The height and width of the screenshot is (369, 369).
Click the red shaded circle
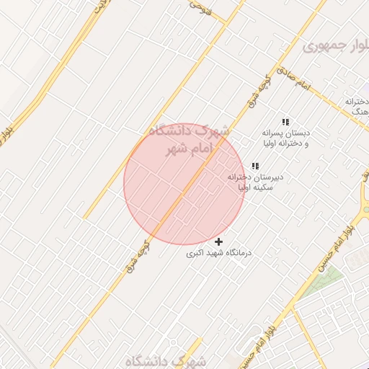184,184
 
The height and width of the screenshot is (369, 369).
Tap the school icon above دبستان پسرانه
285,122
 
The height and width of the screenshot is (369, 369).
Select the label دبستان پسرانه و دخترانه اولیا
285,138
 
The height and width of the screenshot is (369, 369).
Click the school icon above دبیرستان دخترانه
255,166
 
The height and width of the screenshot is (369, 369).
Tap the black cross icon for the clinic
219,241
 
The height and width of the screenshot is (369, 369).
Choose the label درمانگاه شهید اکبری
219,254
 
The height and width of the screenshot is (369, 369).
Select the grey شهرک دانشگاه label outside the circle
165,360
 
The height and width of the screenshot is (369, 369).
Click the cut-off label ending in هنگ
357,107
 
